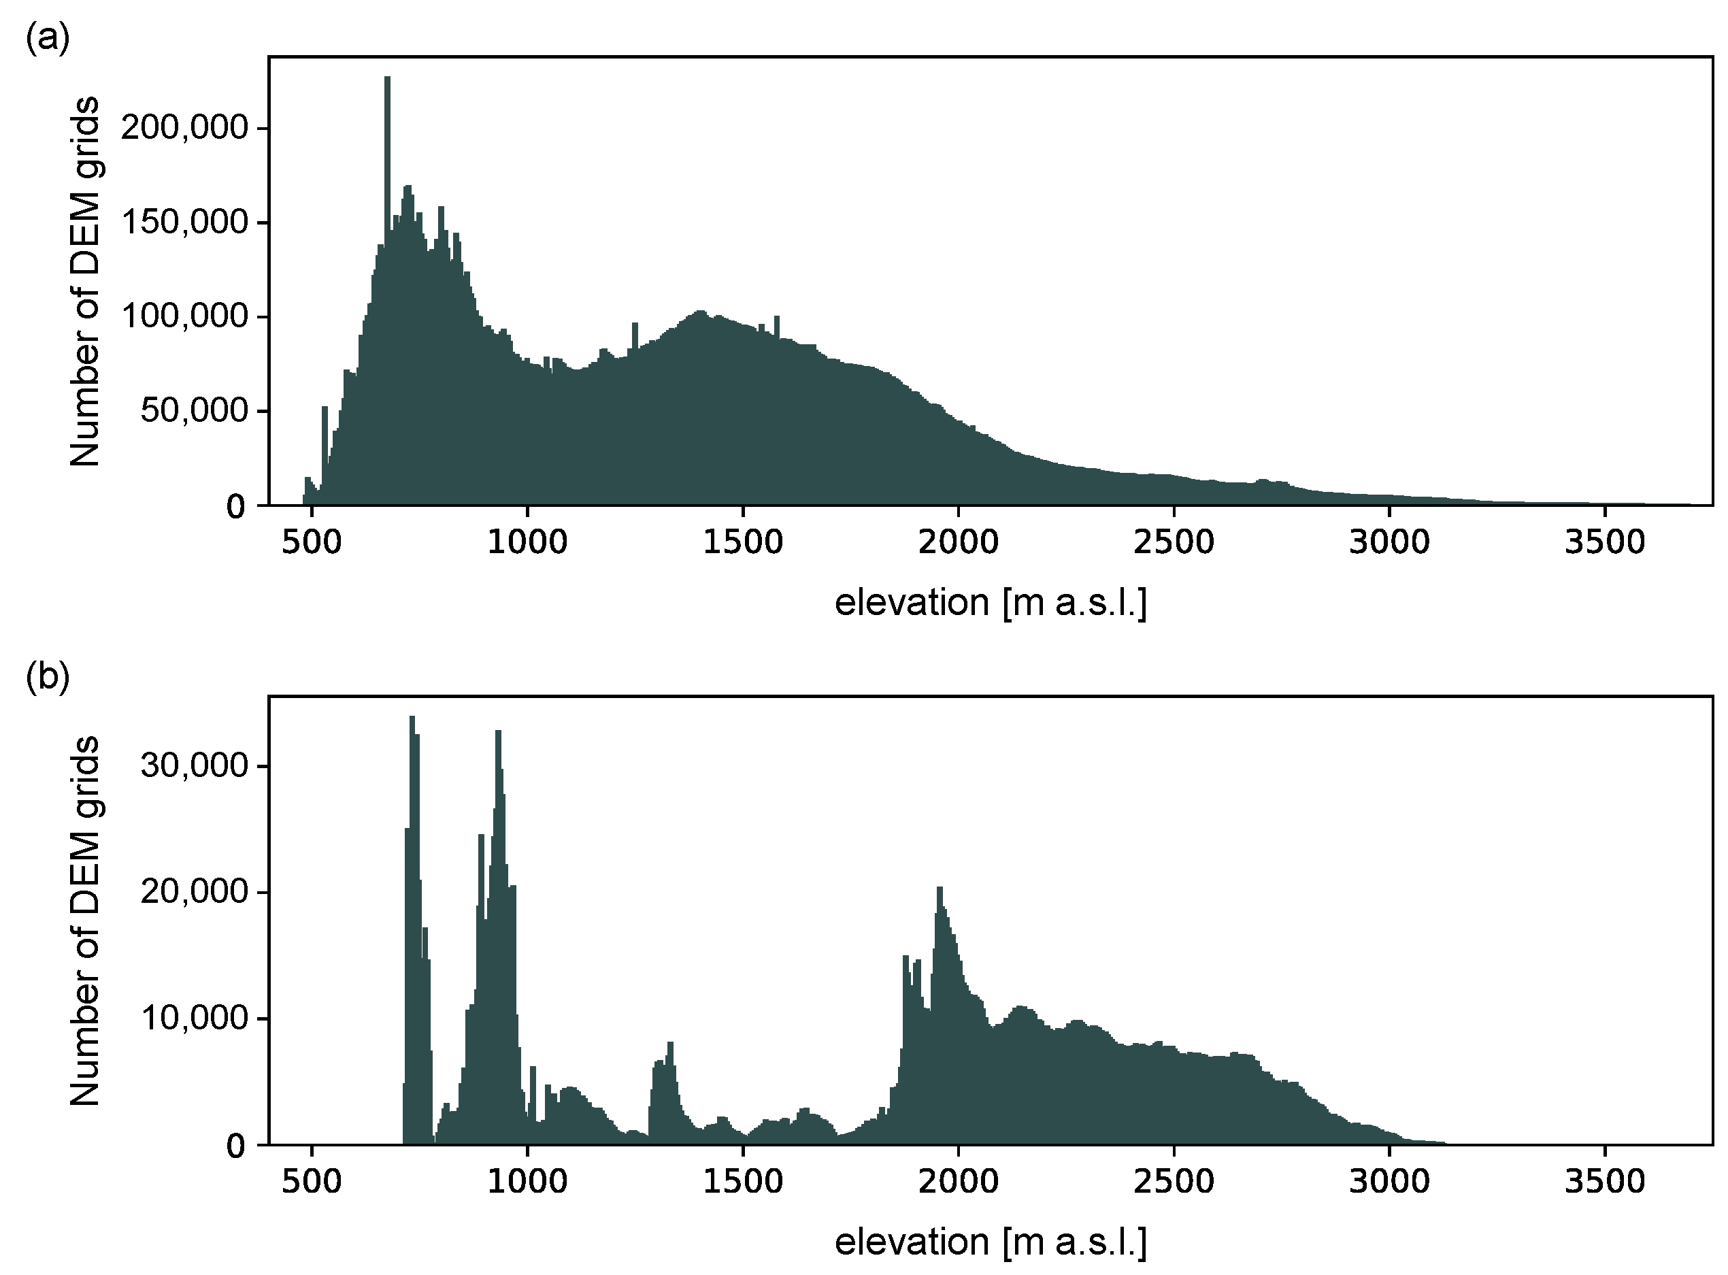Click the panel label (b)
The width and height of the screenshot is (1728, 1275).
click(47, 677)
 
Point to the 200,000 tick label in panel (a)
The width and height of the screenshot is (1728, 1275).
click(184, 128)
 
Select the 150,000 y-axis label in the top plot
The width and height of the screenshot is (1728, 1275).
click(184, 222)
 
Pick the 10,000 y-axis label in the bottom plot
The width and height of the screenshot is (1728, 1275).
click(194, 1019)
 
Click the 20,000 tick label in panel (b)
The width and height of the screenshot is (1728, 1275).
click(194, 892)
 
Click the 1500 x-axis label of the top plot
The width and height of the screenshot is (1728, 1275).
click(742, 542)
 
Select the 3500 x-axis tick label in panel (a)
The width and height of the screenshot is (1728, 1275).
click(1604, 542)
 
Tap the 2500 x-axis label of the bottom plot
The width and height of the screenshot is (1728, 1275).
click(1173, 1182)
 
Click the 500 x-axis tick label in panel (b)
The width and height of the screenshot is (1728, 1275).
click(311, 1182)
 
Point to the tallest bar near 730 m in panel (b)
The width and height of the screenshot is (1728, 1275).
click(412, 725)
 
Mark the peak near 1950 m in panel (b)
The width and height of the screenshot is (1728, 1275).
click(940, 895)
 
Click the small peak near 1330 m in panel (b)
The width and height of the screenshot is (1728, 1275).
click(670, 1050)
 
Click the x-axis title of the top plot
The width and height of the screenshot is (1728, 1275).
click(990, 603)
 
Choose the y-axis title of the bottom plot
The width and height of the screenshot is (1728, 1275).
click(85, 920)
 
